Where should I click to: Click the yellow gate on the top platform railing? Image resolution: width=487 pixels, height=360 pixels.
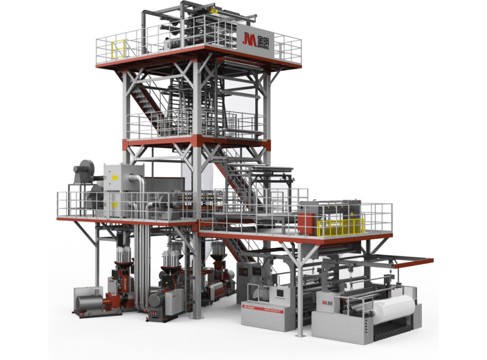pyautogui.click(x=118, y=49)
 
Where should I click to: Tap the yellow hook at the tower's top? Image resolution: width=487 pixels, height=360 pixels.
pyautogui.click(x=214, y=10)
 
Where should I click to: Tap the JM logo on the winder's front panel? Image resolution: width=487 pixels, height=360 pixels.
pyautogui.click(x=327, y=302)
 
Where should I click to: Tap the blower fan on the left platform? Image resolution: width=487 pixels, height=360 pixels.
pyautogui.click(x=83, y=173)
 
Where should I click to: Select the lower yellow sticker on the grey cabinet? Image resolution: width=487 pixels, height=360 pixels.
pyautogui.click(x=115, y=204)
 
